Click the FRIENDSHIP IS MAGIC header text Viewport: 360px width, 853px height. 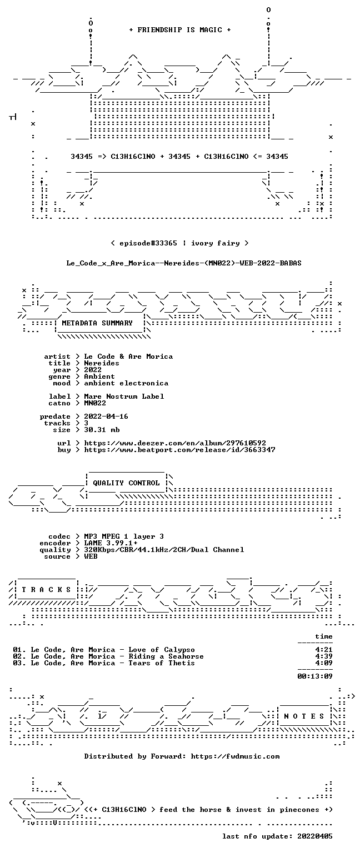pyautogui.click(x=180, y=29)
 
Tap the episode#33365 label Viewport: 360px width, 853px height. pyautogui.click(x=148, y=243)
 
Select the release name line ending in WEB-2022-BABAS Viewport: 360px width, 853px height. pyautogui.click(x=184, y=263)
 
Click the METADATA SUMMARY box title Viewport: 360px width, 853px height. pyautogui.click(x=97, y=323)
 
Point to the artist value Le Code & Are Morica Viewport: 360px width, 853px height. pyautogui.click(x=128, y=357)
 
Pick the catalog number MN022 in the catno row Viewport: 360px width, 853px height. pyautogui.click(x=95, y=403)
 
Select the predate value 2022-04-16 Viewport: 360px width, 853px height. pyautogui.click(x=106, y=416)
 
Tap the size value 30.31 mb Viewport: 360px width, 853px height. pyautogui.click(x=102, y=429)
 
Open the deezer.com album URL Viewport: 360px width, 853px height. pyautogui.click(x=175, y=443)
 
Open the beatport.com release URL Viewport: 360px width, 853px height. pyautogui.click(x=179, y=450)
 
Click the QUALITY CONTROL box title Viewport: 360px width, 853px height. pyautogui.click(x=126, y=483)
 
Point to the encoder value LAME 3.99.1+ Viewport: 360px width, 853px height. pyautogui.click(x=111, y=543)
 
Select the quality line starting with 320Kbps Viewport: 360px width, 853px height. pyautogui.click(x=164, y=549)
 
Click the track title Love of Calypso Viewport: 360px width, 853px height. pyautogui.click(x=162, y=650)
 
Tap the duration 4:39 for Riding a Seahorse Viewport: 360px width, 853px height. pyautogui.click(x=324, y=656)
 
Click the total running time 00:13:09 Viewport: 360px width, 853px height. pyautogui.click(x=314, y=676)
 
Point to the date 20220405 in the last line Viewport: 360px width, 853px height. pyautogui.click(x=314, y=836)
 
